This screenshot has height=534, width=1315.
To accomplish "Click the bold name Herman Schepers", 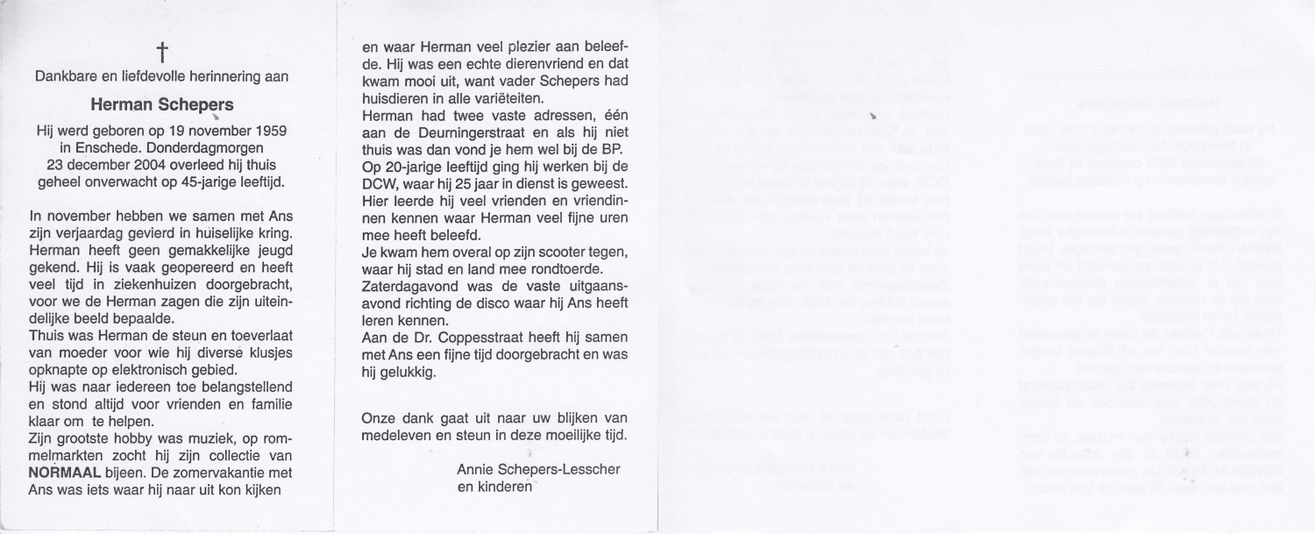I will pos(161,103).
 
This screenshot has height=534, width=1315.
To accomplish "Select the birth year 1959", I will pos(270,130).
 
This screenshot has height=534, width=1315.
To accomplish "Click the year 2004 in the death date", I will pos(159,165).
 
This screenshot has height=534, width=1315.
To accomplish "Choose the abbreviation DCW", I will pos(381,187).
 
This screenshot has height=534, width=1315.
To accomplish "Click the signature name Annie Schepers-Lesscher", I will pos(538,469).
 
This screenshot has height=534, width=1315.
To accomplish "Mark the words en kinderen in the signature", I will pos(494,487).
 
